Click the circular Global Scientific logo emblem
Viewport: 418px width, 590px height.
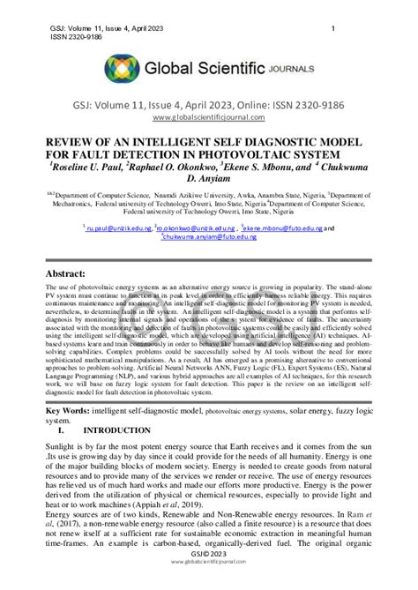pos(123,68)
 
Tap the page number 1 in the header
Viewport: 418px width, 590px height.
pos(332,30)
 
